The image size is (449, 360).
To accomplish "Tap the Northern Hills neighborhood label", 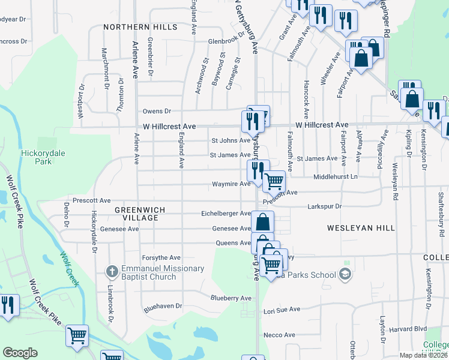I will click(x=140, y=27).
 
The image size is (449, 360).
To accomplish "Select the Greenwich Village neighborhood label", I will click(x=136, y=214).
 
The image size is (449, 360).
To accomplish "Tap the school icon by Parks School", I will click(x=345, y=275).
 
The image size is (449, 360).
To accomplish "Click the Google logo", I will click(x=20, y=353).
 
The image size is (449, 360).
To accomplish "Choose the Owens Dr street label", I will click(x=157, y=111).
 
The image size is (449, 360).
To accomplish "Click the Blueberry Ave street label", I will click(x=231, y=298).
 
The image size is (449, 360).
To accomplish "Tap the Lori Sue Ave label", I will click(x=282, y=310).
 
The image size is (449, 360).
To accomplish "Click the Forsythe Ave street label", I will click(x=161, y=257).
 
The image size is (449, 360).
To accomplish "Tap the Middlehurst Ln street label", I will click(x=336, y=178).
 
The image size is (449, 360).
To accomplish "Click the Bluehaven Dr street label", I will click(x=163, y=306).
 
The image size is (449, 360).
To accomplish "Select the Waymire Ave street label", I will click(x=230, y=184).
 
